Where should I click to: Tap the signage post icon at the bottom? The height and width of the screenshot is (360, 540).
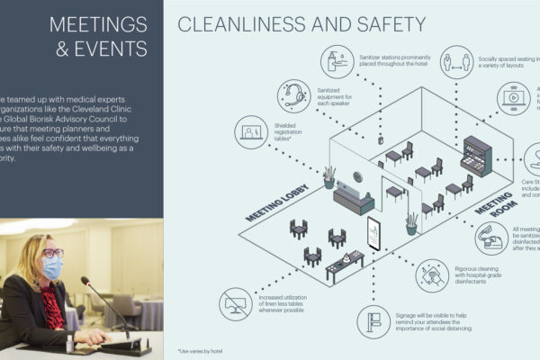373,319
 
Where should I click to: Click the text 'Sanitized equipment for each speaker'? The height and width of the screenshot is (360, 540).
338,95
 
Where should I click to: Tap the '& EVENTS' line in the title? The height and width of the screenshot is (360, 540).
102,48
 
